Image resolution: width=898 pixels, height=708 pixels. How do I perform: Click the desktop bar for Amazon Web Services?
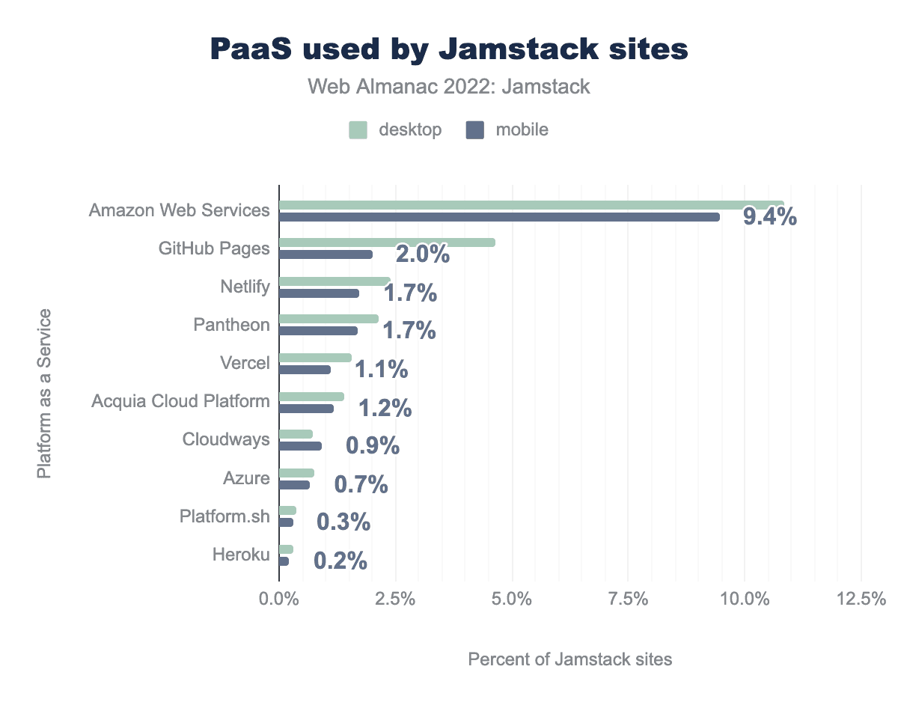click(531, 204)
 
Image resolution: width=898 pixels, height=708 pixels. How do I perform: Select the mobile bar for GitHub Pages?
click(326, 254)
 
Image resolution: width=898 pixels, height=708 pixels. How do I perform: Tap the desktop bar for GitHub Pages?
click(387, 242)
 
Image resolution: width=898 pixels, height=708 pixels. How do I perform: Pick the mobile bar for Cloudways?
click(300, 446)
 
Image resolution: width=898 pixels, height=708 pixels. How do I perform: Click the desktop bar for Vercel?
click(315, 357)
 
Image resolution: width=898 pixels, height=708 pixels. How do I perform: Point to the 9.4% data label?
click(769, 218)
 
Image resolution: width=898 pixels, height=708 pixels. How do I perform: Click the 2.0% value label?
click(423, 254)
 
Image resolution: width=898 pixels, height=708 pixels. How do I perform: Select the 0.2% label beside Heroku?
click(340, 561)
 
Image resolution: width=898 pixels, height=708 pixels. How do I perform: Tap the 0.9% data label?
click(373, 446)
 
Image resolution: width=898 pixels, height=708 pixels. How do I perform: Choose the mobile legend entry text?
click(522, 130)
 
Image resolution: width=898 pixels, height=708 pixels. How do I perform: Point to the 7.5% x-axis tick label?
click(628, 599)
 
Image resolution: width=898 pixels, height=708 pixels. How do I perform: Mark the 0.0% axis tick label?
click(279, 599)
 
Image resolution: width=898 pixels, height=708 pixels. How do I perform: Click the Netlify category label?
click(245, 287)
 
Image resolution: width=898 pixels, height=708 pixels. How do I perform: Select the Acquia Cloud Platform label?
click(180, 401)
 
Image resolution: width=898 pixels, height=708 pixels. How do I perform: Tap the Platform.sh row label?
click(224, 516)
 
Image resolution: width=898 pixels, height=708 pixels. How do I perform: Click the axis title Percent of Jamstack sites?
click(570, 659)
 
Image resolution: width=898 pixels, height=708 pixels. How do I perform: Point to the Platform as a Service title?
click(45, 393)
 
